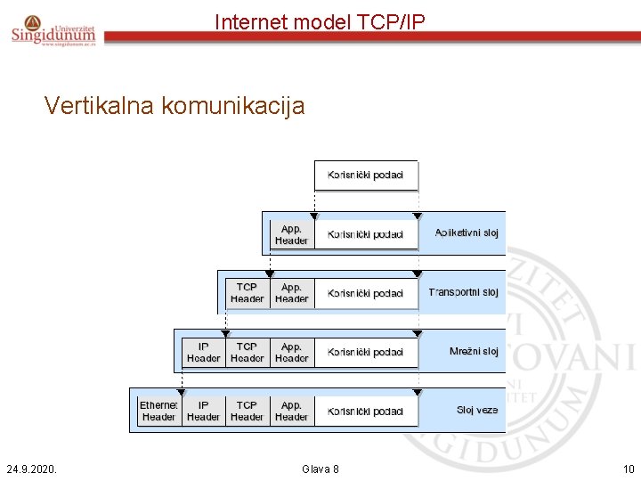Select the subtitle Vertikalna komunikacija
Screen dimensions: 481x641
pos(174,106)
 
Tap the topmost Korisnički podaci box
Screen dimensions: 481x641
pos(365,175)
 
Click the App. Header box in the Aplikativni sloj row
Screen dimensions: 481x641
pos(291,234)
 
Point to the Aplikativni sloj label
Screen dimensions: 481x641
pos(466,233)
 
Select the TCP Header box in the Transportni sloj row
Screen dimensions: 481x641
pos(247,293)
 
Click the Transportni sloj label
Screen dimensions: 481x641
pos(463,292)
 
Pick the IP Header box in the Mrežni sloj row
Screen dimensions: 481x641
pos(203,352)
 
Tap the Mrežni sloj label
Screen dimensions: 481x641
pos(473,352)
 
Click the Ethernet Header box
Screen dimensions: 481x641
pos(158,411)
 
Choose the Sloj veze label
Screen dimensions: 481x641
pos(477,411)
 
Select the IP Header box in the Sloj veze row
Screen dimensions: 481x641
pos(203,411)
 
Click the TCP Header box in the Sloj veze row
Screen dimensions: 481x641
pos(247,411)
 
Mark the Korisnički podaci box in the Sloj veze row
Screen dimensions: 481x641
pos(365,412)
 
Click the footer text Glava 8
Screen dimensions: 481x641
pos(320,469)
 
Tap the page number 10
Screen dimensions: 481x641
pos(628,469)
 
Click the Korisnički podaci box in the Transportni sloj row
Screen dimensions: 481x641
pos(365,293)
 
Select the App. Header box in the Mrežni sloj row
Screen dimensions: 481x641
pos(291,352)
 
